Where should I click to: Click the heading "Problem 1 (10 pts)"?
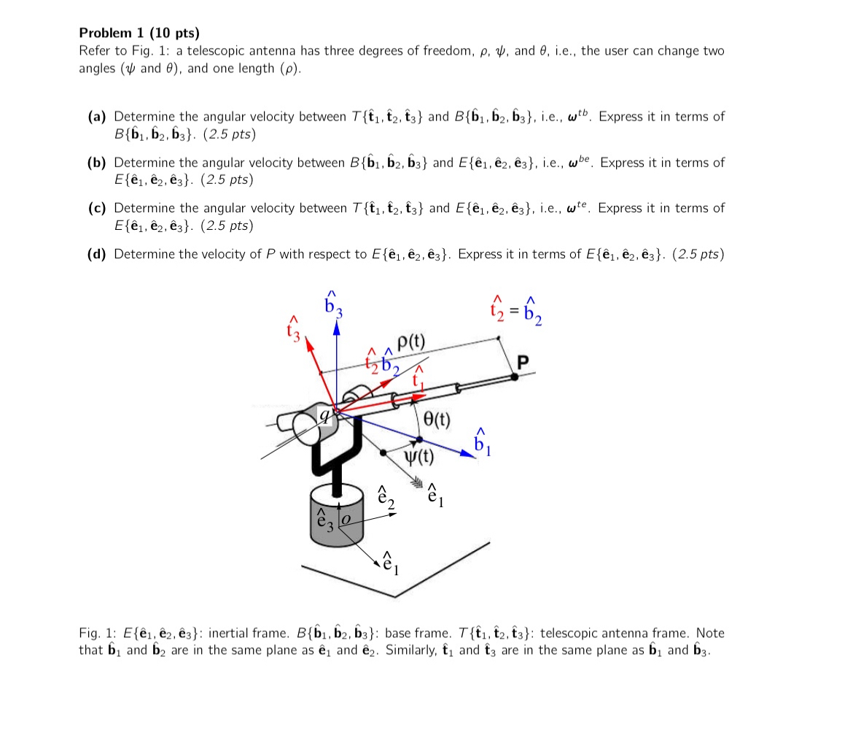point(139,33)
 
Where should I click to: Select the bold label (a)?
point(97,117)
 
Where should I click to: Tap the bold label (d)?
point(97,254)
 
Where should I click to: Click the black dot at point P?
point(515,377)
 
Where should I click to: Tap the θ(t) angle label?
point(437,420)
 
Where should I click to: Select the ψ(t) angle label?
point(419,458)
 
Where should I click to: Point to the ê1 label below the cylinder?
point(392,563)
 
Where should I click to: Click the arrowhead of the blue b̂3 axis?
point(336,329)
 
